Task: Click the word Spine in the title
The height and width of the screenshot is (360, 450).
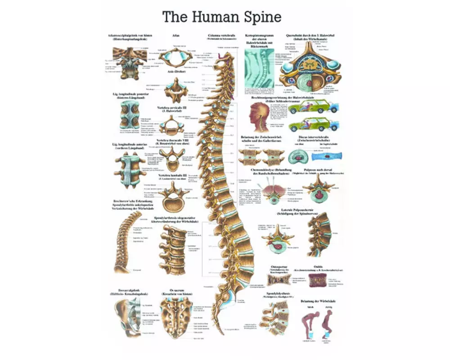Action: (x=261, y=17)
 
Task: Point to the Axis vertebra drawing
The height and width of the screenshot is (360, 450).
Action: (x=174, y=88)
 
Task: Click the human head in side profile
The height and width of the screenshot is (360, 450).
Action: (x=259, y=115)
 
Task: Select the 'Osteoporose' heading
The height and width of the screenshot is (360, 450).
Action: (x=279, y=267)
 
